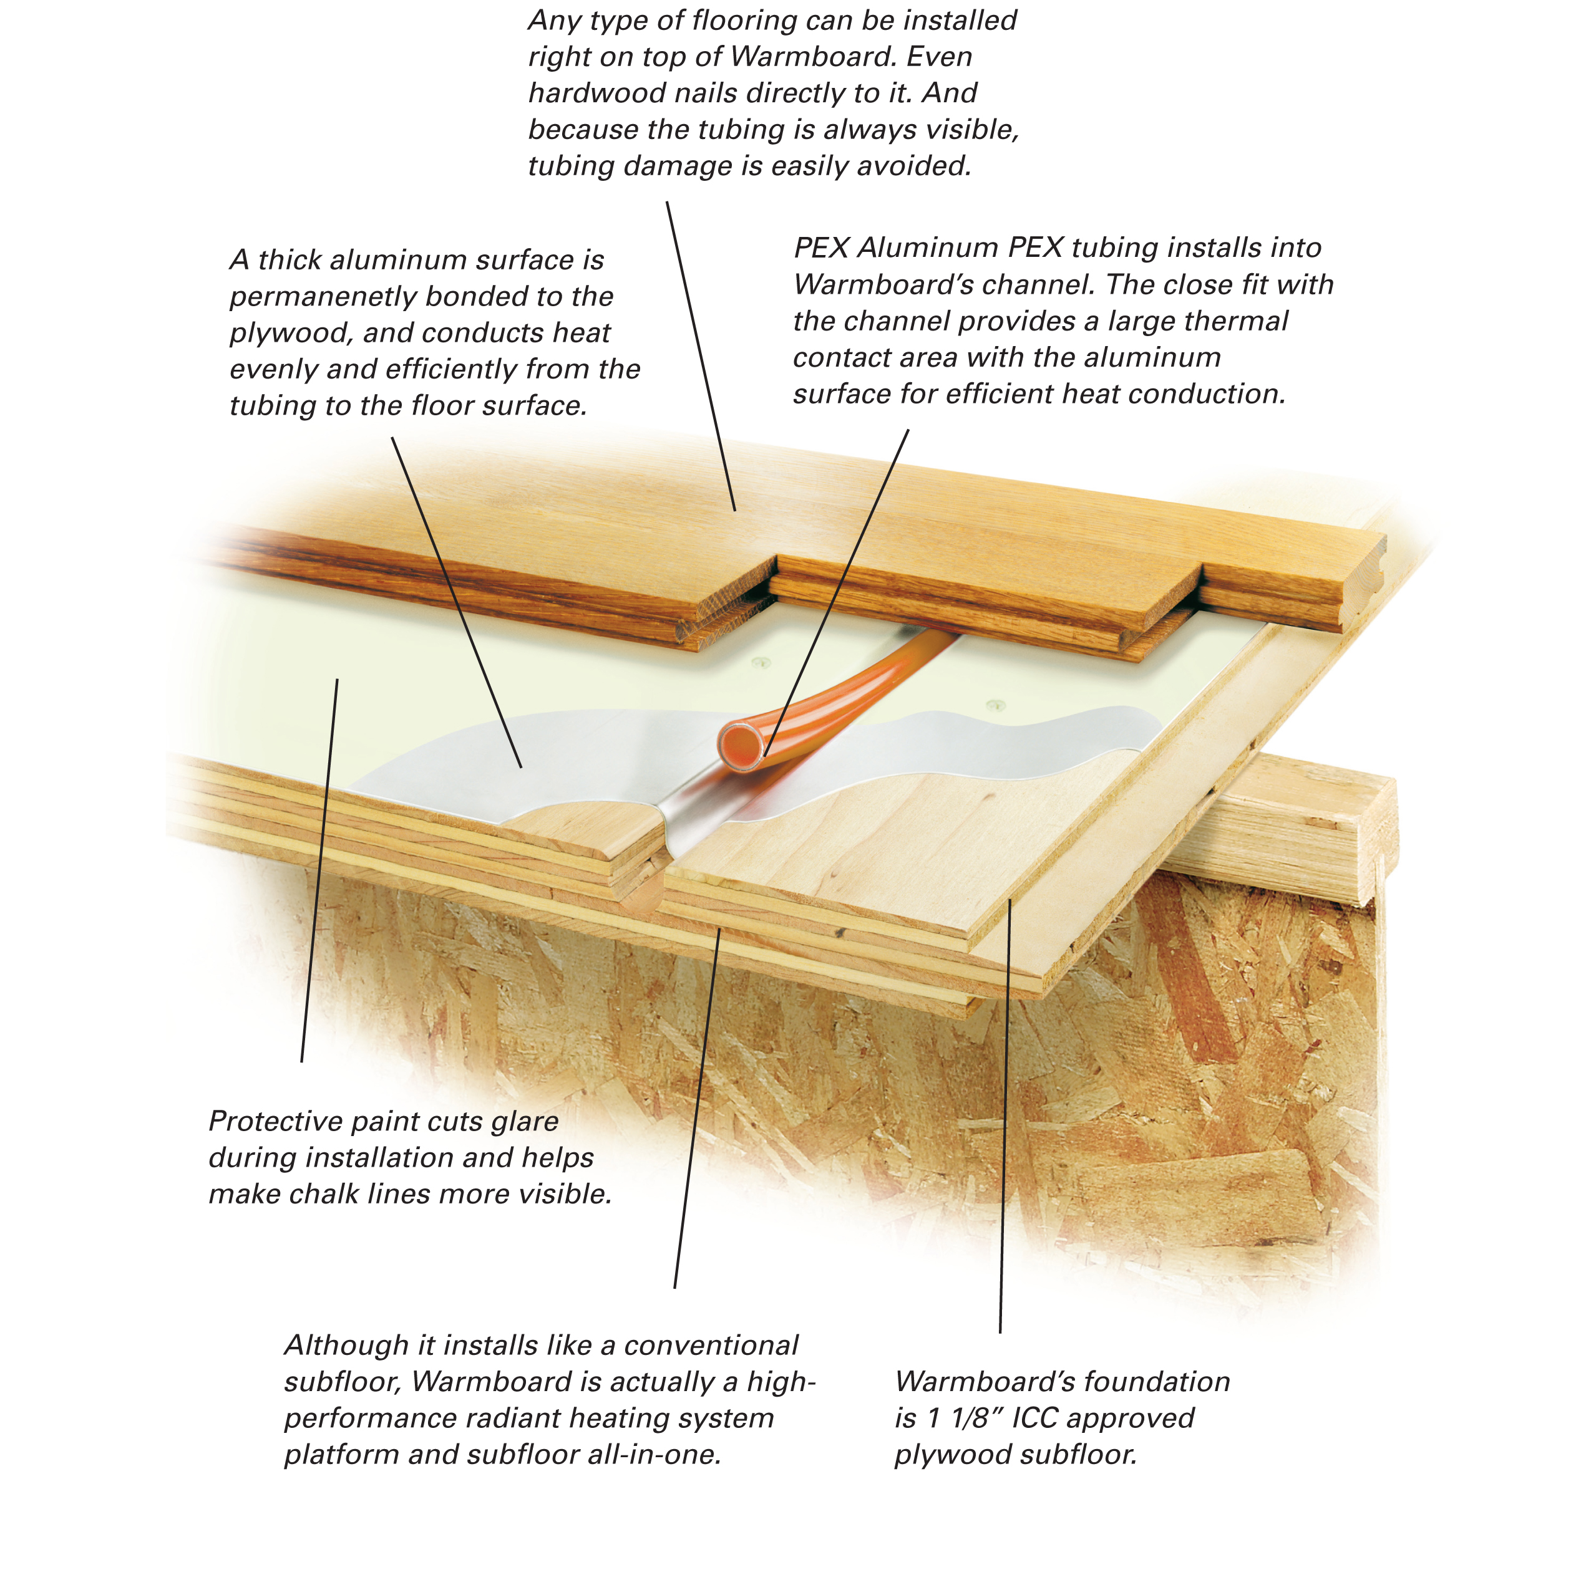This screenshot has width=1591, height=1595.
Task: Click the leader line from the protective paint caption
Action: click(319, 870)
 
